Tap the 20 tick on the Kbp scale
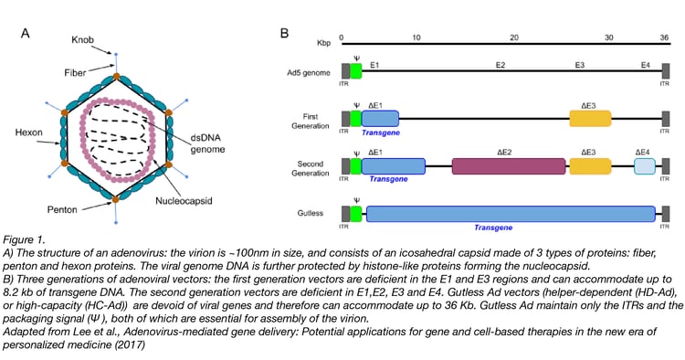tap(514, 37)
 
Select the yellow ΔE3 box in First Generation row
tap(590, 118)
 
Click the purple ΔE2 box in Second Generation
tap(508, 165)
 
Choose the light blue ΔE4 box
tap(645, 165)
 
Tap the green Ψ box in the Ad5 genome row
tap(356, 70)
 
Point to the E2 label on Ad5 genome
tap(501, 65)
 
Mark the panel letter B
tap(284, 34)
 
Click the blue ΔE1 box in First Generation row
tap(381, 118)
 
